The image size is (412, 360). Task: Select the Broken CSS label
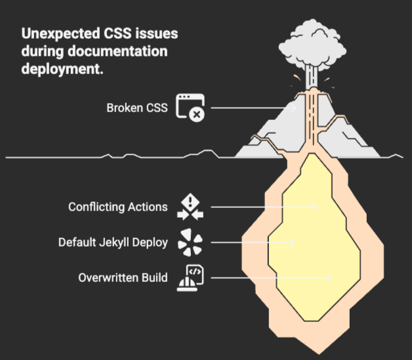(x=137, y=107)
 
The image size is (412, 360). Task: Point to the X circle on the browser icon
(x=197, y=114)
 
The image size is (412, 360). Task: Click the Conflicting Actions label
(x=118, y=207)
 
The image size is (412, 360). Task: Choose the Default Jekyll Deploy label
(x=113, y=243)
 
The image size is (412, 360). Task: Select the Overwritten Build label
(x=123, y=277)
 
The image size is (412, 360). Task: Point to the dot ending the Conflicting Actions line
(x=318, y=207)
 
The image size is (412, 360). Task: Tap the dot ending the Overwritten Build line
(x=331, y=277)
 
